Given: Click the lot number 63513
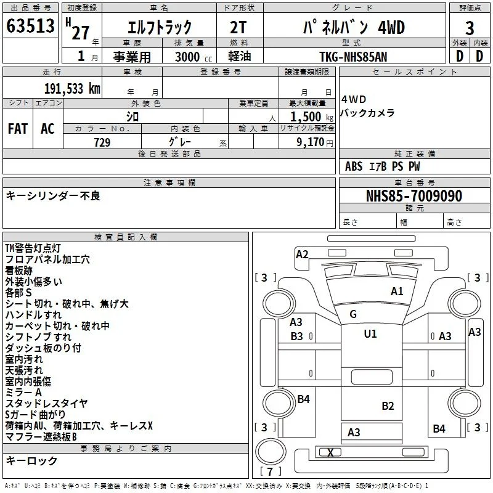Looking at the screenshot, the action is (x=30, y=25).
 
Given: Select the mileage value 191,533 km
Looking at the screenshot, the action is (x=72, y=89).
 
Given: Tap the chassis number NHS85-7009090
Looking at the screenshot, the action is (x=414, y=195).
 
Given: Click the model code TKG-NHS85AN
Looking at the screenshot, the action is (x=353, y=57).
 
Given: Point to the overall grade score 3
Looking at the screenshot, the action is (x=470, y=28).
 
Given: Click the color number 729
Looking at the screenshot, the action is (x=102, y=142).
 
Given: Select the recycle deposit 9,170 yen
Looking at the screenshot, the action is (x=315, y=142).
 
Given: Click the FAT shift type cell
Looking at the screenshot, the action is (x=18, y=129).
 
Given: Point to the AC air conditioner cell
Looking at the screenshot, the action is (x=47, y=129).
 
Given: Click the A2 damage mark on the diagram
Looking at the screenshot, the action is (x=302, y=254).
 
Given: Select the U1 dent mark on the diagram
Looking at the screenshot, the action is (x=370, y=333).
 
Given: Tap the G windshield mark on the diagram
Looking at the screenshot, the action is (x=353, y=314).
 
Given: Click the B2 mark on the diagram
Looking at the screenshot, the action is (x=388, y=406).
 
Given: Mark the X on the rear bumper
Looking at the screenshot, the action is (x=330, y=452).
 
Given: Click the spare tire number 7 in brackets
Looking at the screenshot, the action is (x=270, y=471).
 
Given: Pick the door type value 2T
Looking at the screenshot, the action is (x=238, y=28).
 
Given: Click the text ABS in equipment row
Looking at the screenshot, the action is (x=354, y=166).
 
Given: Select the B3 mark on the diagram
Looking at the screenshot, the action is (x=296, y=336).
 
